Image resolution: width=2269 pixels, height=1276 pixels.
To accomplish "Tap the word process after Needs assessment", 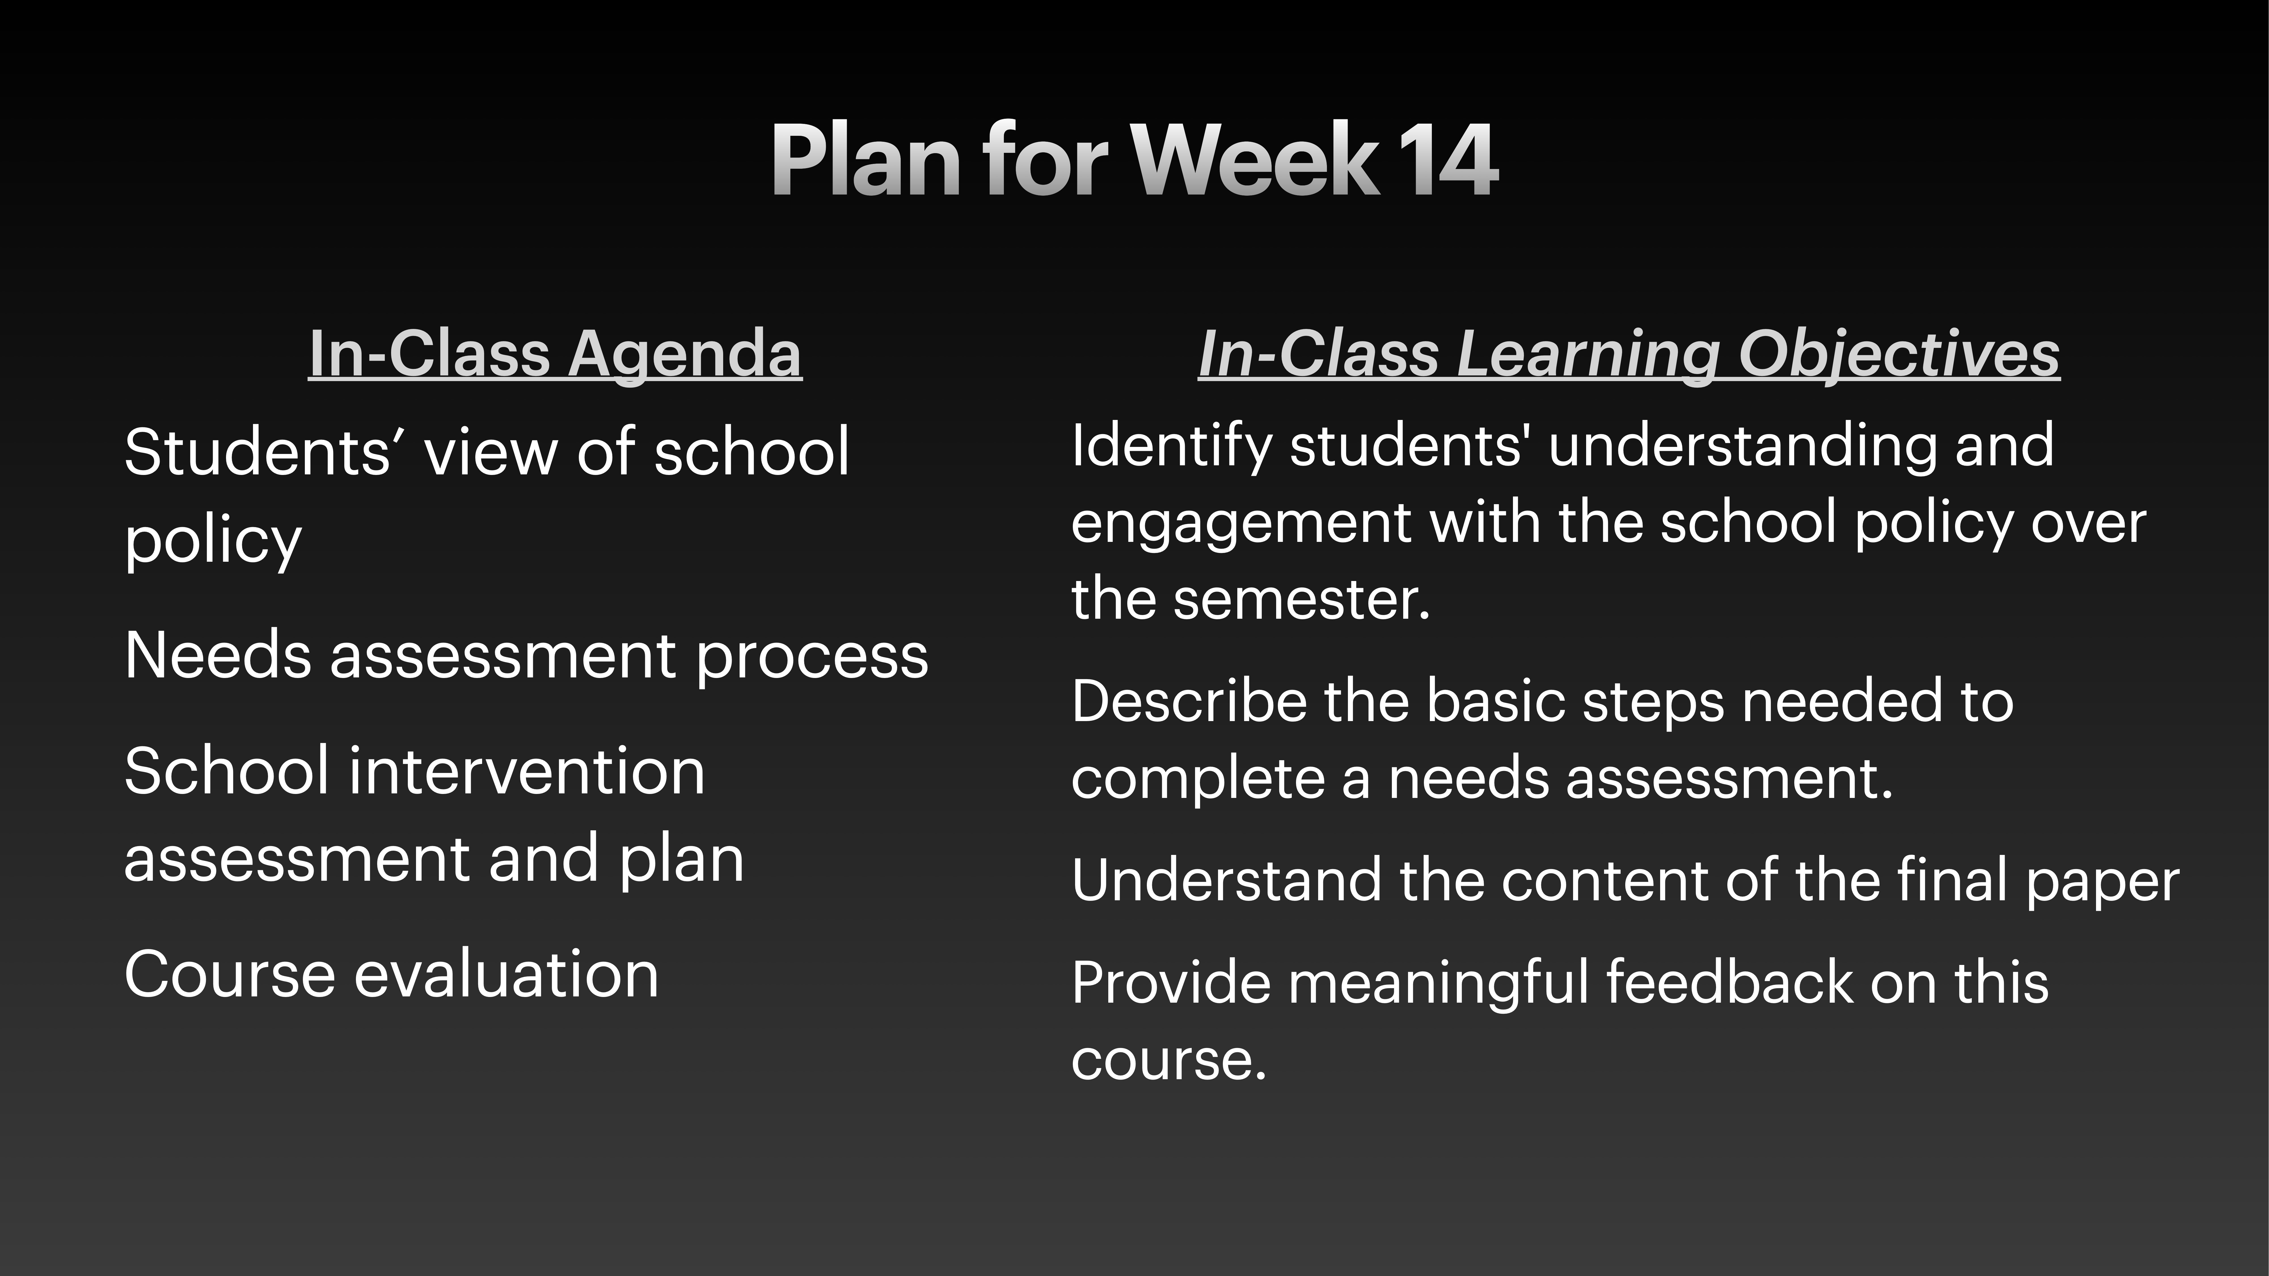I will click(x=812, y=656).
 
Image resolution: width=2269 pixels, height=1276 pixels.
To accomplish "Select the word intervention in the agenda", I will click(x=527, y=771).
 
